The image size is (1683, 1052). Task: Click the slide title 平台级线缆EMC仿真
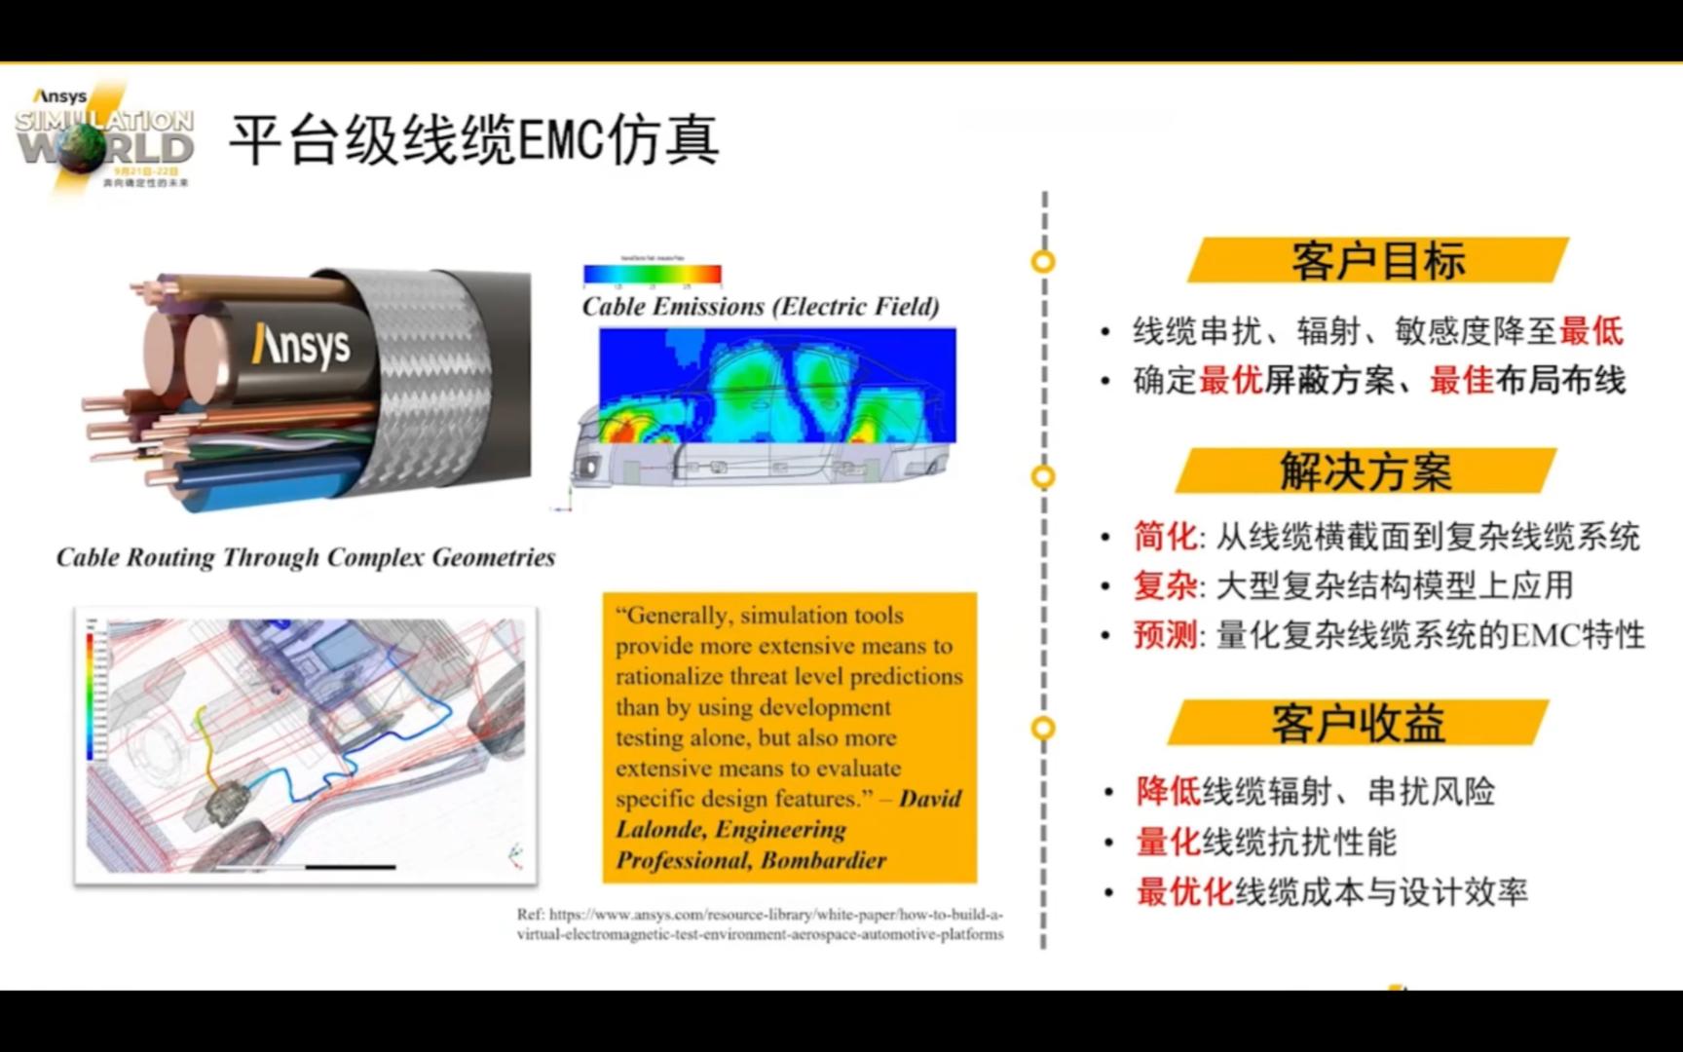(x=473, y=139)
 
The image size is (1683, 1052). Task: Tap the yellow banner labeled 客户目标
(x=1377, y=260)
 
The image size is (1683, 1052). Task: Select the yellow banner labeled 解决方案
(x=1365, y=471)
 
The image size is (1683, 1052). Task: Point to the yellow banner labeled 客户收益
(x=1357, y=723)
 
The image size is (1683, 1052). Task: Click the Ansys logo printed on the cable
(x=301, y=345)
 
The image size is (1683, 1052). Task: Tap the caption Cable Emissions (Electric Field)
(x=761, y=307)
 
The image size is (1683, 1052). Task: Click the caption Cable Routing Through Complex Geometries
(x=306, y=557)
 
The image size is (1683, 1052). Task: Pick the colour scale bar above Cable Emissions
(x=653, y=274)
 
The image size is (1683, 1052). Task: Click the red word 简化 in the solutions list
(x=1165, y=537)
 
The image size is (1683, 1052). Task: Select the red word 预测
(x=1165, y=635)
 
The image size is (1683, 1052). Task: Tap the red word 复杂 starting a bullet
(x=1165, y=585)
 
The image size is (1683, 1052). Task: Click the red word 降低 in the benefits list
(x=1168, y=791)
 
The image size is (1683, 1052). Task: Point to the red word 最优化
(x=1184, y=891)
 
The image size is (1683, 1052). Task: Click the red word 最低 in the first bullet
(x=1591, y=331)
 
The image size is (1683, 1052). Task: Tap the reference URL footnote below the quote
(x=760, y=924)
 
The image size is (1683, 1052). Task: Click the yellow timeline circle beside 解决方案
(x=1043, y=476)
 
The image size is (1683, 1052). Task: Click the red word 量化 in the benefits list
(x=1168, y=842)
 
